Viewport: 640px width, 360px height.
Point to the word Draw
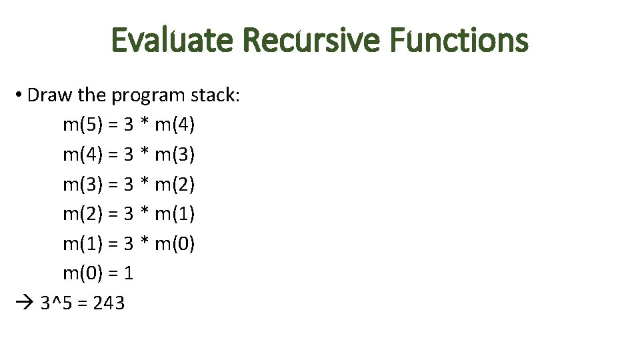(51, 95)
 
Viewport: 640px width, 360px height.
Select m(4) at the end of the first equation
(174, 125)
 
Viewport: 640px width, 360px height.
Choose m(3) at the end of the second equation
(174, 155)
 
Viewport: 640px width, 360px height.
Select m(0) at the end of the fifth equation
(174, 244)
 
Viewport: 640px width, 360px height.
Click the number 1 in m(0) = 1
(129, 273)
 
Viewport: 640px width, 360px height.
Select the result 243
(109, 303)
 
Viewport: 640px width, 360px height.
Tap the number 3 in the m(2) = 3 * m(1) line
(129, 214)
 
